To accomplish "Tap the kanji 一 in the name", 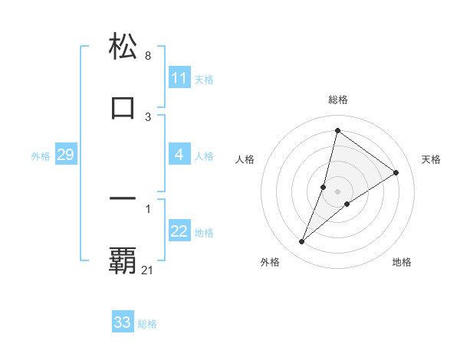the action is [x=123, y=198].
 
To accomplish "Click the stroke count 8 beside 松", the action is [x=147, y=56].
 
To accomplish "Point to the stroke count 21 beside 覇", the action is [x=148, y=270].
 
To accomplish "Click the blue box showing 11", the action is [x=179, y=78].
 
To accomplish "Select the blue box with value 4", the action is [x=179, y=155].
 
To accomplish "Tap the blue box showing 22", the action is [x=179, y=231].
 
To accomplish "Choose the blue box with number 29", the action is [x=65, y=155].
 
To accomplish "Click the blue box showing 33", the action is [x=123, y=322].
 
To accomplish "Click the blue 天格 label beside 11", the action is [x=204, y=79].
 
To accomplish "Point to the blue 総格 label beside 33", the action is [x=147, y=324].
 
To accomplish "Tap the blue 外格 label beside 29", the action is [x=41, y=156].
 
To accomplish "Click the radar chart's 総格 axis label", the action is [x=337, y=100].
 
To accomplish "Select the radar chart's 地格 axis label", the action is [x=402, y=262].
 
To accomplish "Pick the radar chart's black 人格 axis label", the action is [x=245, y=159].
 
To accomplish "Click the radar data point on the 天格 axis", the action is [x=396, y=172].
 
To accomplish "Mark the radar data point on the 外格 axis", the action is [x=301, y=242].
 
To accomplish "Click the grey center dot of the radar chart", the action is [x=337, y=191].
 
